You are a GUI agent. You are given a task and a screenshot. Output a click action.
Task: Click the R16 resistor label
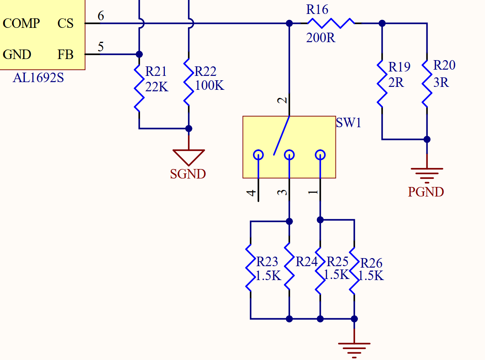point(317,10)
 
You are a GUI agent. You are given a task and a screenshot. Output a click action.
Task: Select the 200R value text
point(321,38)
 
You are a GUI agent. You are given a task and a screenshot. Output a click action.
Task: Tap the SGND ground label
point(188,174)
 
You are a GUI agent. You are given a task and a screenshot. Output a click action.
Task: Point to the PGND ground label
point(426,192)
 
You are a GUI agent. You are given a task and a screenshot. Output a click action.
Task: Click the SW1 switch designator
point(348,122)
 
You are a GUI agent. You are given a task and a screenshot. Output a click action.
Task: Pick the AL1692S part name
point(38,78)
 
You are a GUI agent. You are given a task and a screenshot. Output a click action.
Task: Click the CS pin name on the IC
point(65,23)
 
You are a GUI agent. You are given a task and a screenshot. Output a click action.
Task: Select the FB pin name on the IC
point(65,54)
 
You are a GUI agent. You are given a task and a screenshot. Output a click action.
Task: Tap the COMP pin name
point(21,23)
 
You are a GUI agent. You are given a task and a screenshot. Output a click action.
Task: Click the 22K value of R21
point(156,87)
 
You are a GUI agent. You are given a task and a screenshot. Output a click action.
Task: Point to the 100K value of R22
point(210,85)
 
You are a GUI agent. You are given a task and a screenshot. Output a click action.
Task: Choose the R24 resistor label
point(306,261)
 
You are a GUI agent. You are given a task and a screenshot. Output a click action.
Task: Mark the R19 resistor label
point(399,67)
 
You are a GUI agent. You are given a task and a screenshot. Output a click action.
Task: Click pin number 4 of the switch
point(251,193)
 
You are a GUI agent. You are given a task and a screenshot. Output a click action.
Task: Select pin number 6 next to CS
point(101,16)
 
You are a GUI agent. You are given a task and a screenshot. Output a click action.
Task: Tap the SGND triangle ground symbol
point(189,157)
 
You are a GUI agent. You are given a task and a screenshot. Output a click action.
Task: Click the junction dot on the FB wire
point(139,54)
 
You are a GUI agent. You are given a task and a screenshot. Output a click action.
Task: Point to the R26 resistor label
point(371,263)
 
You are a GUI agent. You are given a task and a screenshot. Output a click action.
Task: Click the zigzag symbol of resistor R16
point(331,23)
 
